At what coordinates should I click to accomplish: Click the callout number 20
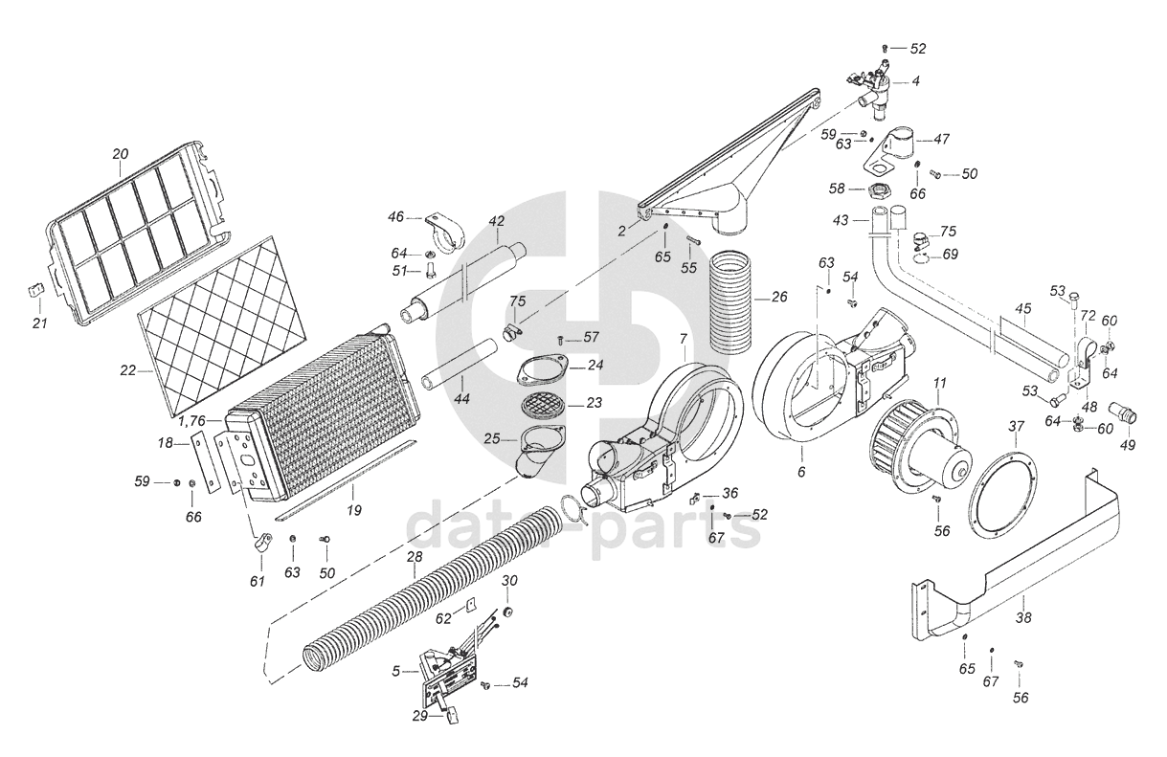click(120, 154)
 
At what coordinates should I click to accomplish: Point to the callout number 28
click(415, 557)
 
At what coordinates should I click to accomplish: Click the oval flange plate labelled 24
click(542, 371)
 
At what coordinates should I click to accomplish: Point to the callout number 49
click(1127, 444)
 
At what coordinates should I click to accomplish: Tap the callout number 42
click(496, 221)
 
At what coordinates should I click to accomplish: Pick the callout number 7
click(683, 339)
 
